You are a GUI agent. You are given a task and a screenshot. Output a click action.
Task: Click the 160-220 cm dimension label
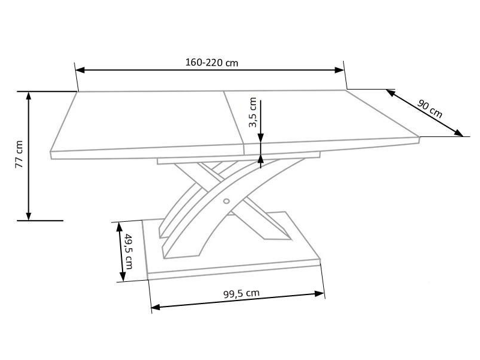tap(211, 63)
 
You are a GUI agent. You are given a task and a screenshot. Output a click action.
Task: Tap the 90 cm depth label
tap(430, 109)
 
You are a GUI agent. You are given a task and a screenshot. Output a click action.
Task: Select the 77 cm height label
tap(19, 154)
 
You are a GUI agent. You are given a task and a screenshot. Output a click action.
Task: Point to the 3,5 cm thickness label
tap(253, 112)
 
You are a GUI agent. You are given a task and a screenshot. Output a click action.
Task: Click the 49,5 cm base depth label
tap(129, 251)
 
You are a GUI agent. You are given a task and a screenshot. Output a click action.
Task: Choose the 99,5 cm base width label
tap(242, 293)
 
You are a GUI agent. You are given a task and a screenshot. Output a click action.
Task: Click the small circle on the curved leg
tap(226, 201)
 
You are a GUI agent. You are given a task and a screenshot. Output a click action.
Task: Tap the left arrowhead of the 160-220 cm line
tap(80, 70)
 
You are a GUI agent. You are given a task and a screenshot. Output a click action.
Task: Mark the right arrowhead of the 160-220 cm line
tap(339, 70)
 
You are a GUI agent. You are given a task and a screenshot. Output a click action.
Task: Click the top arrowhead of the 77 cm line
tap(28, 96)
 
